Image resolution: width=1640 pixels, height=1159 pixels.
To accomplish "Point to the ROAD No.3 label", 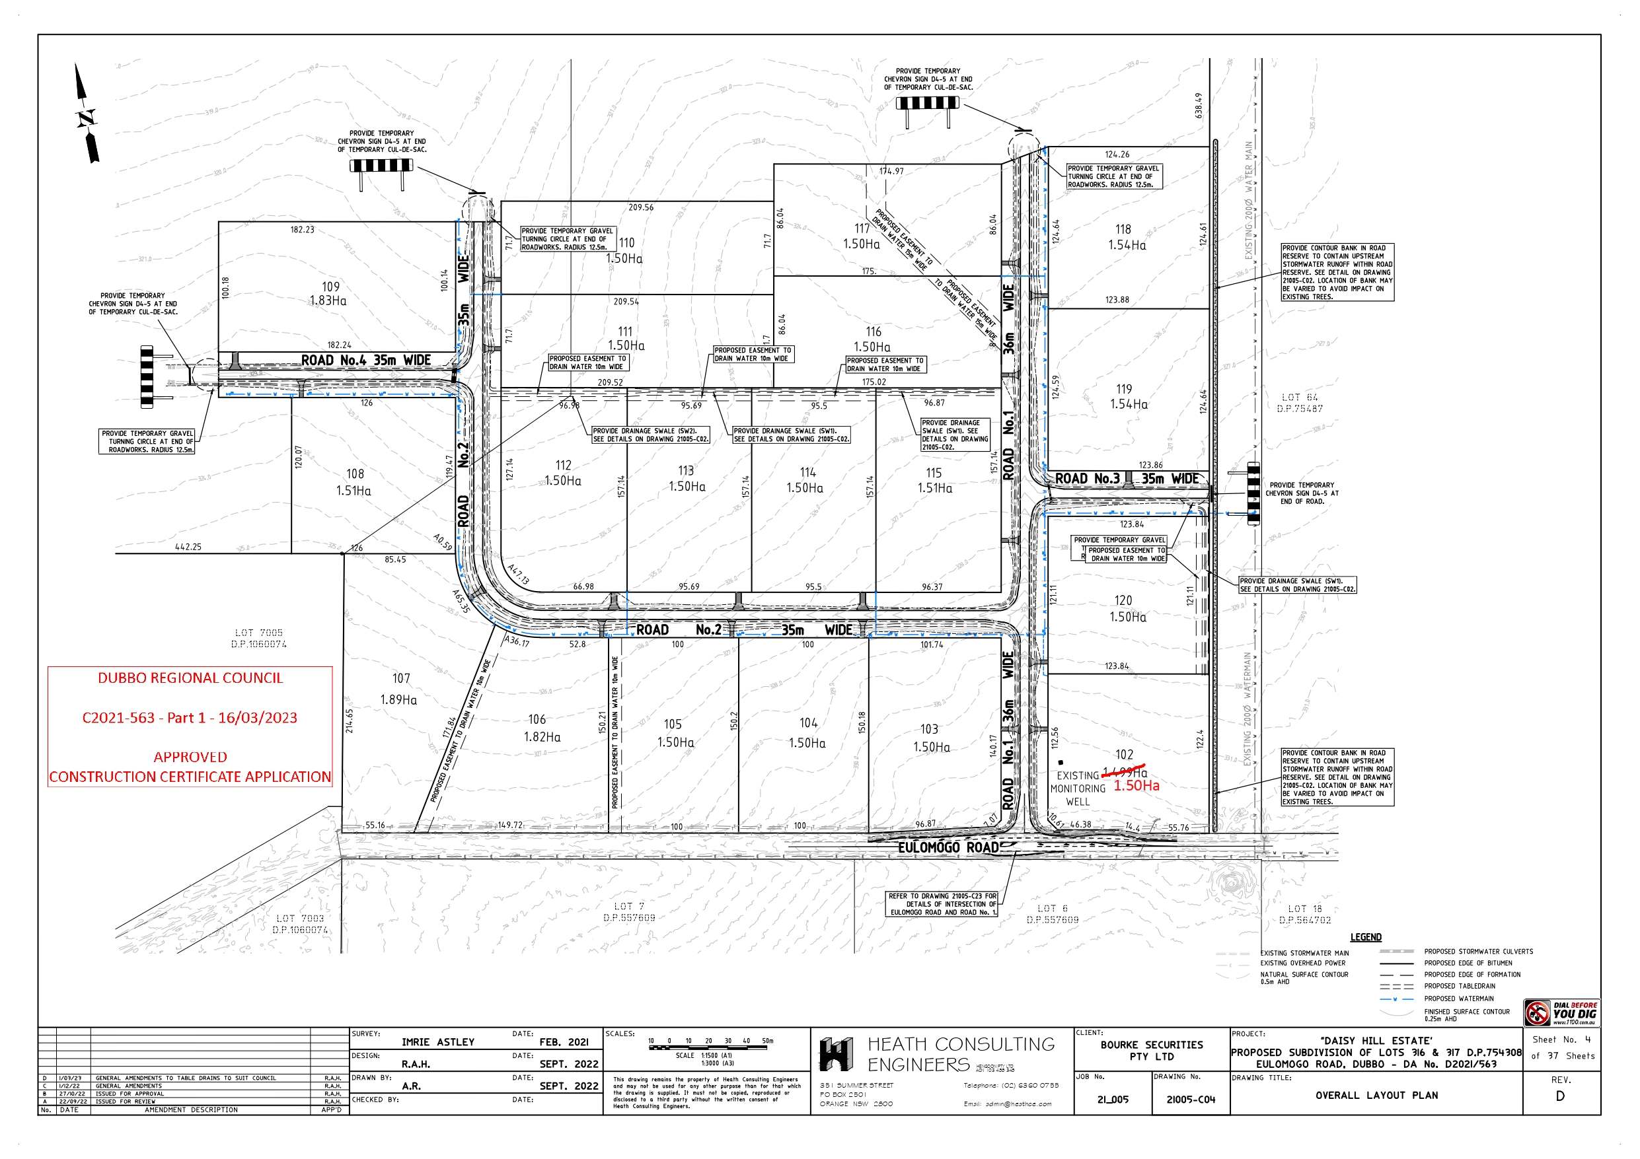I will pyautogui.click(x=1087, y=478).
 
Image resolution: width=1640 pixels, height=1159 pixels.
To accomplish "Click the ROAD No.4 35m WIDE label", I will pyautogui.click(x=365, y=361).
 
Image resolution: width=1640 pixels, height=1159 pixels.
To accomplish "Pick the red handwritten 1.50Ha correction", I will pyautogui.click(x=1137, y=785).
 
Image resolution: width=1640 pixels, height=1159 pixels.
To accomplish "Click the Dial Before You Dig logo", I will pyautogui.click(x=1561, y=1012).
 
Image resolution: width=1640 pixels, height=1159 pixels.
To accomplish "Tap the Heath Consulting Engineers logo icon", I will pyautogui.click(x=836, y=1054).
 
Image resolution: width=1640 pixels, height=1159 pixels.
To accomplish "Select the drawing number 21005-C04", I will pyautogui.click(x=1191, y=1100).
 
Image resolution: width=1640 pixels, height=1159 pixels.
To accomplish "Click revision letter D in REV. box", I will pyautogui.click(x=1560, y=1096).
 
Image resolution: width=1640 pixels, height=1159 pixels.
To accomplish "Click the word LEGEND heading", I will pyautogui.click(x=1366, y=937).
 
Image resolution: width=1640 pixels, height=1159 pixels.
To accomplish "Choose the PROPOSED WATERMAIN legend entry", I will pyautogui.click(x=1458, y=999).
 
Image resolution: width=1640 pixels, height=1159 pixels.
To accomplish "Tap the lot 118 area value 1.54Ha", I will pyautogui.click(x=1127, y=245).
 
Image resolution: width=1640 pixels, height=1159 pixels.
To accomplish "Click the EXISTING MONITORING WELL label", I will pyautogui.click(x=1077, y=789).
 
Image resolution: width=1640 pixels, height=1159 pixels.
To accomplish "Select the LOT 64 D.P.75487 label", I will pyautogui.click(x=1299, y=403).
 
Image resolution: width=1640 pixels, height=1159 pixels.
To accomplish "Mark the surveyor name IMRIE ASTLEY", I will pyautogui.click(x=438, y=1042).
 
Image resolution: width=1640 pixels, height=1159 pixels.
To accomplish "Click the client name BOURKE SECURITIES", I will pyautogui.click(x=1152, y=1045).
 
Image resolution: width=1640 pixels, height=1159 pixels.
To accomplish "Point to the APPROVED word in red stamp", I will pyautogui.click(x=190, y=757).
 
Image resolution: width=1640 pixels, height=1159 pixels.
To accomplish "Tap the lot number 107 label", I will pyautogui.click(x=400, y=678).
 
